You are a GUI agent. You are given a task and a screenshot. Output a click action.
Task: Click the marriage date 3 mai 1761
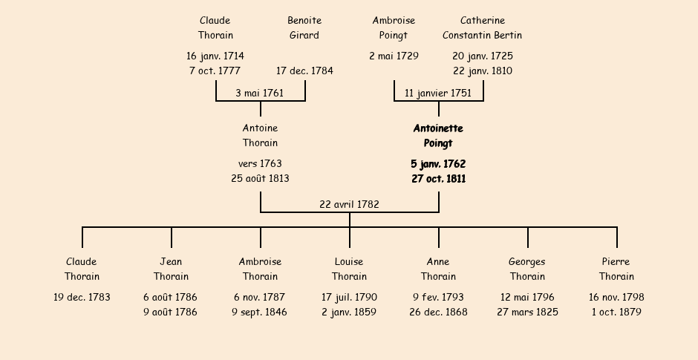click(x=260, y=93)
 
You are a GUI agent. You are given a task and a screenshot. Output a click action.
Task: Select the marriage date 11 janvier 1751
click(x=438, y=93)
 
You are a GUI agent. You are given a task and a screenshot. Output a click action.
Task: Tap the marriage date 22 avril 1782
click(x=350, y=204)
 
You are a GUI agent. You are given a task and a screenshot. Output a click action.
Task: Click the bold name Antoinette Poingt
click(x=438, y=136)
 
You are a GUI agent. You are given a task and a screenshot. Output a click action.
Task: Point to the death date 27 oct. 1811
click(x=438, y=179)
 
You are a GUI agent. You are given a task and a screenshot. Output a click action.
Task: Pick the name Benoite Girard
click(x=304, y=27)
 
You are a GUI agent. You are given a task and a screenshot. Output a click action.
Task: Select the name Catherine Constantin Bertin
click(x=483, y=27)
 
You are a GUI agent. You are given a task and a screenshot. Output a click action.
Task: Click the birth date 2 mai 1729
click(x=394, y=56)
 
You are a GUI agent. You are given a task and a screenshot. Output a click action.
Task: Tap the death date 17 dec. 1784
click(x=304, y=71)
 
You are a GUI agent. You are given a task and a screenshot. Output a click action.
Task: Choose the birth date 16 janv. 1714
click(x=215, y=56)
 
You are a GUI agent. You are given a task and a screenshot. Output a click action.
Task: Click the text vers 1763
click(x=260, y=164)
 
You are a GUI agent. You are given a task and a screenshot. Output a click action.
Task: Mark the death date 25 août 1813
click(x=260, y=178)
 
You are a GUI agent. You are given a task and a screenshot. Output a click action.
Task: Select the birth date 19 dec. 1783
click(x=82, y=297)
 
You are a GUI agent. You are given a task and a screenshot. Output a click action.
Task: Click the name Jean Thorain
click(x=172, y=269)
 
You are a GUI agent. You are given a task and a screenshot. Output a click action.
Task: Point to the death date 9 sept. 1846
click(x=260, y=312)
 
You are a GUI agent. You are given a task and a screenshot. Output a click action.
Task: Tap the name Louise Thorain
click(x=350, y=269)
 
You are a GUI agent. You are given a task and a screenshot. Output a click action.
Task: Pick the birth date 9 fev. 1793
click(x=438, y=297)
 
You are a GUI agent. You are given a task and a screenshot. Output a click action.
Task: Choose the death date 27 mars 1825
click(x=527, y=312)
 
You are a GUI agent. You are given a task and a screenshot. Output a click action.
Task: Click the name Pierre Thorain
click(x=616, y=269)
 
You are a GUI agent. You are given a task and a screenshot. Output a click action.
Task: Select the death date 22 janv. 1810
click(x=483, y=71)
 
